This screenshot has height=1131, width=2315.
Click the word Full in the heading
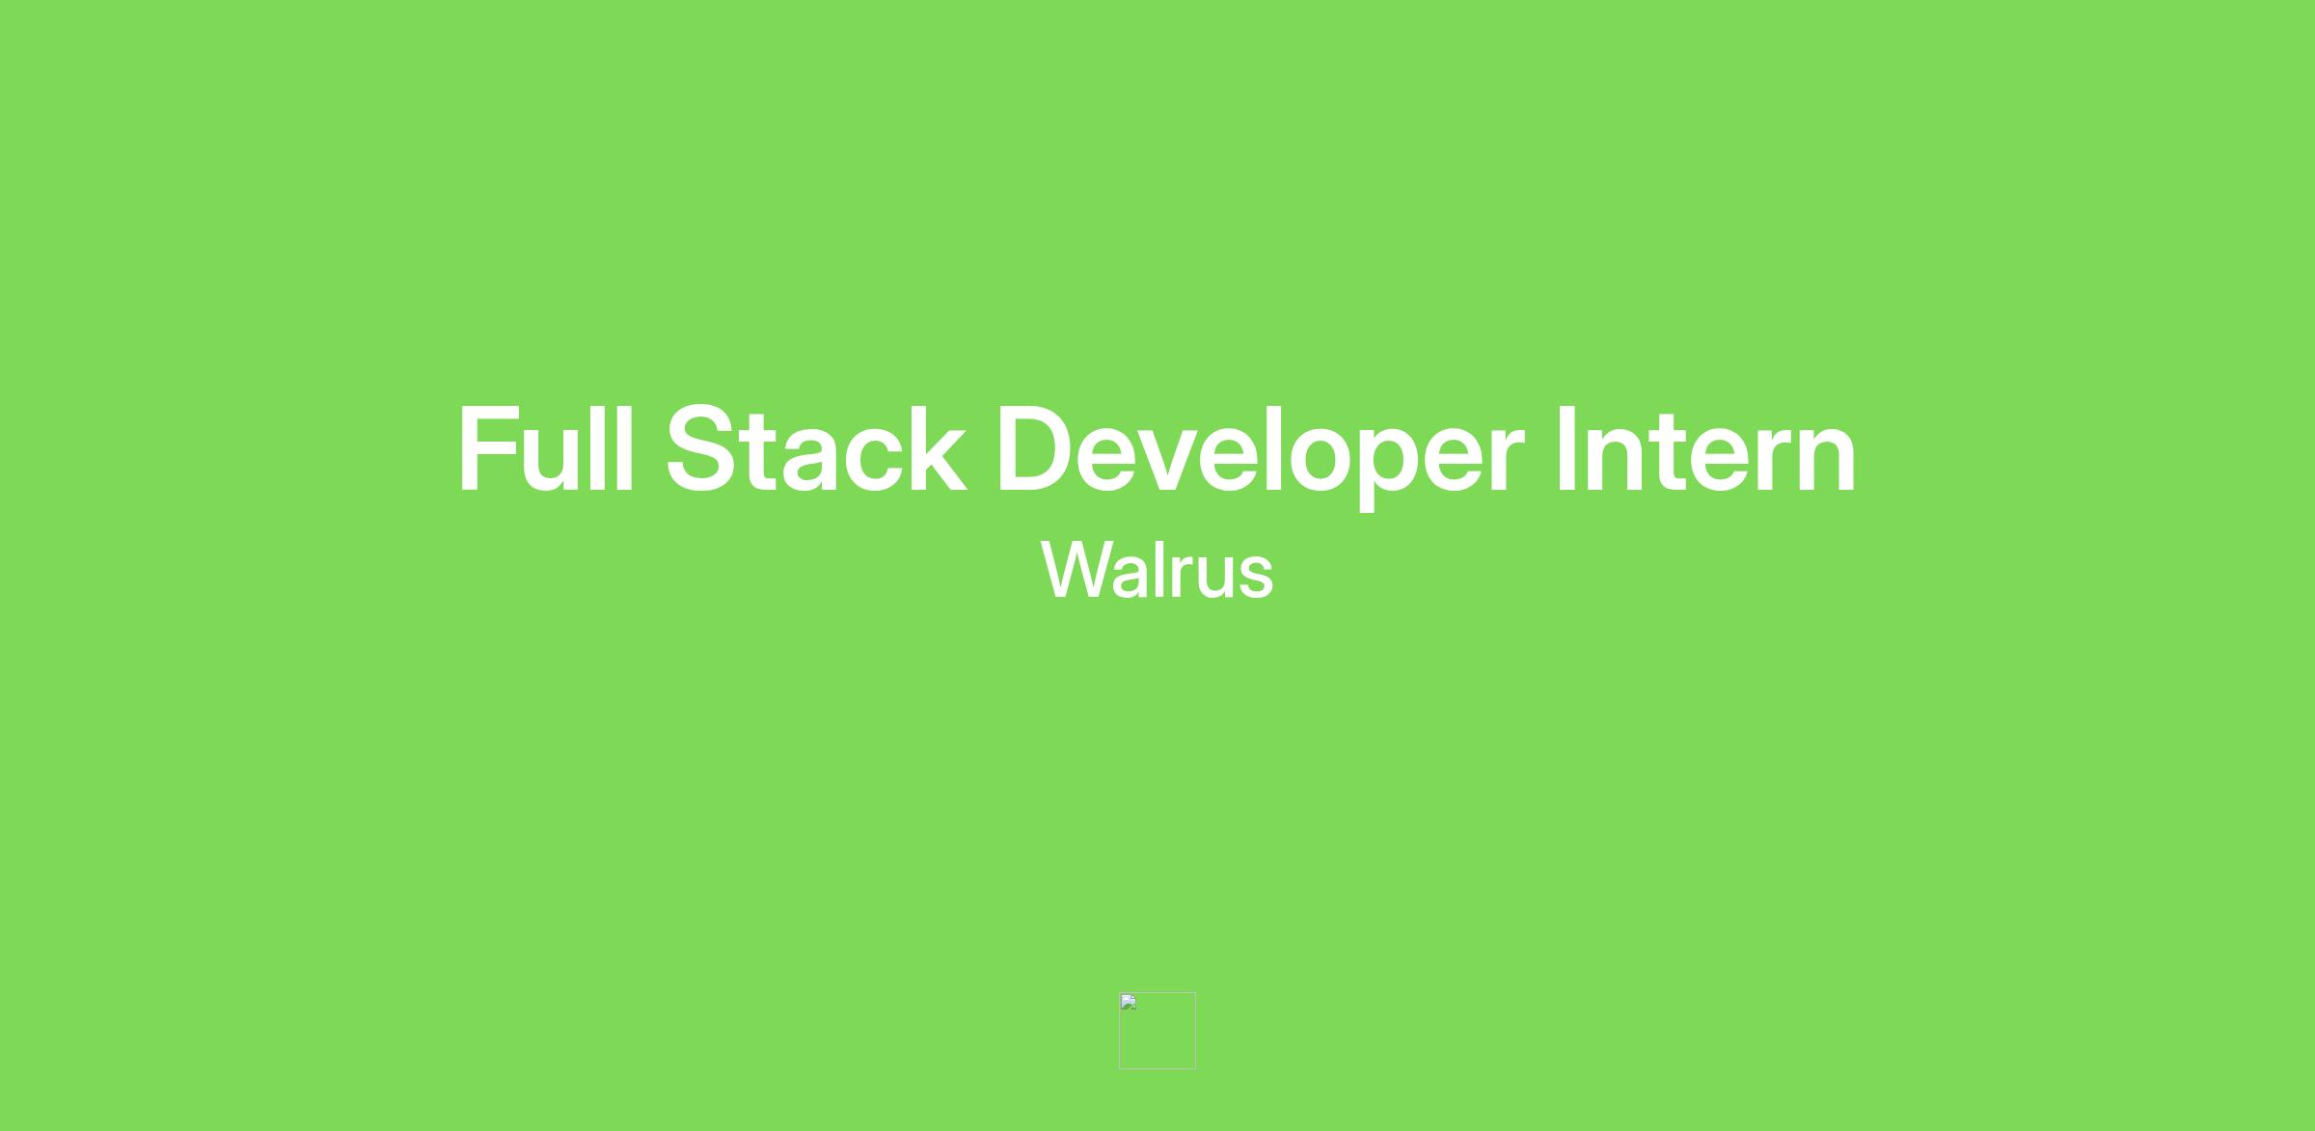(x=546, y=448)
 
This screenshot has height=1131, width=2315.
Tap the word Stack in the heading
(x=816, y=448)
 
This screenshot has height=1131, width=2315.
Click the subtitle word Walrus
(x=1157, y=571)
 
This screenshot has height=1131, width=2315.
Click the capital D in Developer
(x=1037, y=449)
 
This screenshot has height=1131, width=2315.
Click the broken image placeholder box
(x=1157, y=1031)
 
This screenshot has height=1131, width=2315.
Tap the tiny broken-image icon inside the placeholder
(x=1129, y=1003)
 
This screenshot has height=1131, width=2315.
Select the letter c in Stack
(x=872, y=461)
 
